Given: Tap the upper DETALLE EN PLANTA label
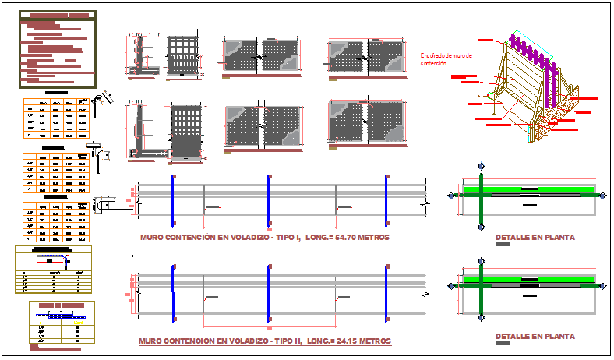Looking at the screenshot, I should click(x=535, y=237).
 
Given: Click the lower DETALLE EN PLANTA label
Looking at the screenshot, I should click(x=535, y=337).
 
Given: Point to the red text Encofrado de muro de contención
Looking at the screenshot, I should click(x=446, y=58).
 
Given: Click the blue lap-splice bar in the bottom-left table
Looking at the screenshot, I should click(x=62, y=317).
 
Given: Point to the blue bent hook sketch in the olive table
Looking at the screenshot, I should click(x=66, y=259).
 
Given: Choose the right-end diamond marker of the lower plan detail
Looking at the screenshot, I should click(x=605, y=286).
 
